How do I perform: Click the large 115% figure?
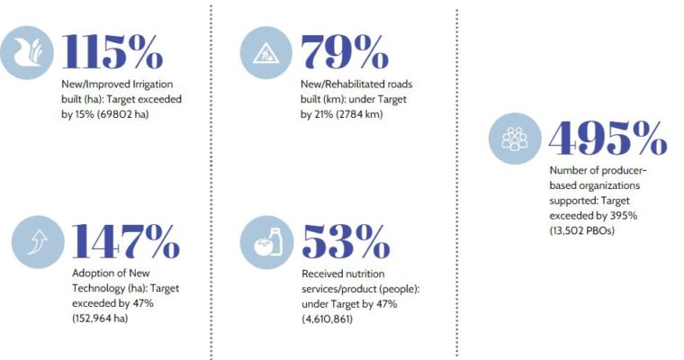tap(112, 51)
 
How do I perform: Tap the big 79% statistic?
tap(345, 51)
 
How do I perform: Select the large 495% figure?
tap(607, 138)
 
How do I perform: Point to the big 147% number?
tap(126, 241)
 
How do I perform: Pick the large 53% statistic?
tap(346, 241)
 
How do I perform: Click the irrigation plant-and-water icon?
tap(27, 52)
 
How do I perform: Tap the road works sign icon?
tap(266, 52)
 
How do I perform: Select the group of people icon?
tap(515, 139)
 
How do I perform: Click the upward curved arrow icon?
tap(38, 242)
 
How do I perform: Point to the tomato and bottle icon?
tap(266, 242)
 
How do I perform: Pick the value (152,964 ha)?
tap(100, 318)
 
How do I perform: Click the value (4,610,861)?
tap(328, 319)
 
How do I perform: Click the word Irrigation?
tap(153, 85)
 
